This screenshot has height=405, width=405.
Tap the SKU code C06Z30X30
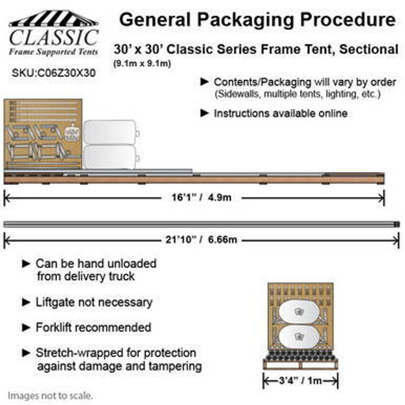[54, 73]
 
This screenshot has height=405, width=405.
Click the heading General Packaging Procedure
[257, 20]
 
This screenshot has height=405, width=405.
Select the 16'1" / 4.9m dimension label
[202, 198]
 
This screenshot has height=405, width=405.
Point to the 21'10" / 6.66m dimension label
[201, 240]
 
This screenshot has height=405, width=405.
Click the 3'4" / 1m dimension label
[300, 380]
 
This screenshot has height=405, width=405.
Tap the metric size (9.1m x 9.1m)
[142, 64]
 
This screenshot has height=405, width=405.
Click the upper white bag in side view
[110, 132]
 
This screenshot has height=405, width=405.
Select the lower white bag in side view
[110, 156]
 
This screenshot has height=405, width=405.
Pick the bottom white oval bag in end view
[299, 337]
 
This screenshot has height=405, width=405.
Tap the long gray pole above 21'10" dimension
[201, 224]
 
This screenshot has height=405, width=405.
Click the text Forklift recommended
[93, 327]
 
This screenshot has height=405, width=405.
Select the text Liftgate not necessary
[94, 302]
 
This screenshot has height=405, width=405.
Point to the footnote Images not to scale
[50, 396]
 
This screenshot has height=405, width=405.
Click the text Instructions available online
[280, 113]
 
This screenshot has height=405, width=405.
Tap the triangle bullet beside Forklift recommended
[26, 327]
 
